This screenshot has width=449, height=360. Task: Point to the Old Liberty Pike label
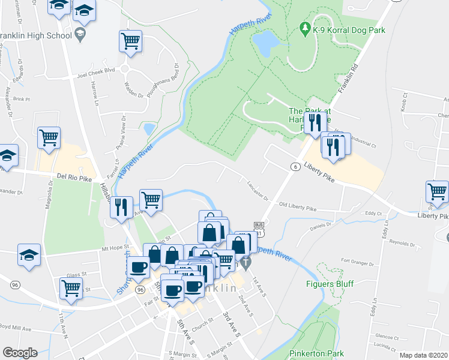pos(297,208)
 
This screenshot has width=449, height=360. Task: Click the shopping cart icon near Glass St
pos(71,287)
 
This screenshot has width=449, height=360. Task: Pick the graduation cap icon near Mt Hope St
pos(29,255)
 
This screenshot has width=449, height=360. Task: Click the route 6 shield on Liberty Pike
pos(295,166)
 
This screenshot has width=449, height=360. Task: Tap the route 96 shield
pos(140,290)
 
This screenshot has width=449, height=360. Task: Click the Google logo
pos(20,353)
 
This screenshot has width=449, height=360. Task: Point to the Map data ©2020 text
pos(423,355)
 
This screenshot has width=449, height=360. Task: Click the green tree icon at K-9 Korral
pos(305,28)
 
